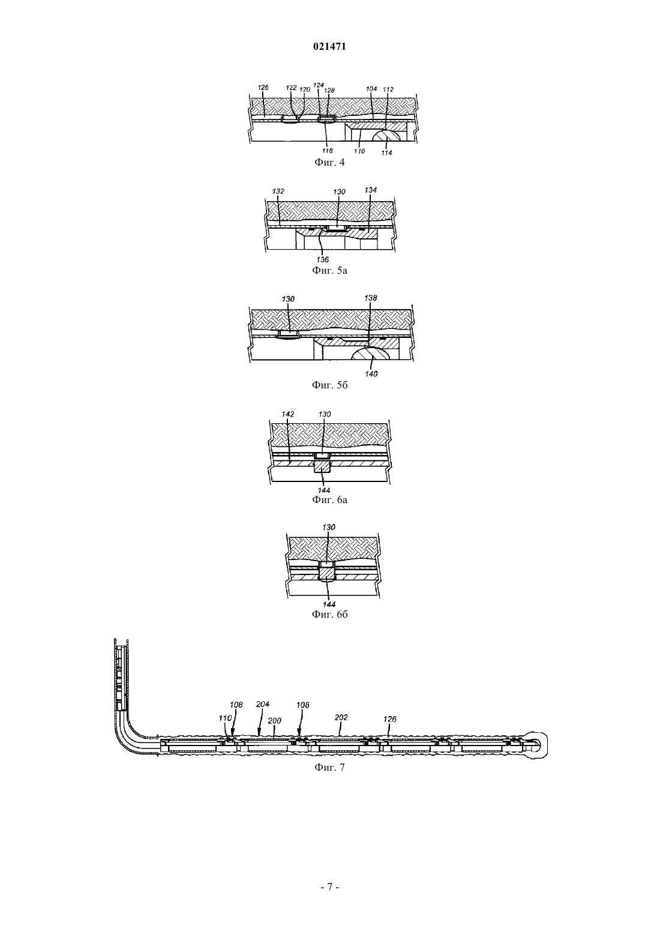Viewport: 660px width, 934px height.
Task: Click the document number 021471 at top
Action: click(x=329, y=47)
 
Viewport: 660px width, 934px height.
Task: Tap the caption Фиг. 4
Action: click(x=329, y=162)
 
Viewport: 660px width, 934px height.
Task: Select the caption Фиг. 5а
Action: click(x=329, y=270)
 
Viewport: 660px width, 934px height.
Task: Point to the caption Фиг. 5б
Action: click(x=329, y=384)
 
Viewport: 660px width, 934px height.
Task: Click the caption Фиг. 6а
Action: click(x=329, y=499)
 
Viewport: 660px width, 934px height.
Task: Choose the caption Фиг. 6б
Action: click(x=329, y=614)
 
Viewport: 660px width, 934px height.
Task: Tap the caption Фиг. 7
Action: click(x=329, y=767)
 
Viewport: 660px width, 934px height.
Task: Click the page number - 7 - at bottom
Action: click(x=329, y=898)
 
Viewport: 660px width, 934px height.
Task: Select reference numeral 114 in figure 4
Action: click(x=386, y=153)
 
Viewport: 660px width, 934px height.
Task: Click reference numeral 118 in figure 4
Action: click(x=328, y=151)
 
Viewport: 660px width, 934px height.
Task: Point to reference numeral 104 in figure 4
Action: click(x=371, y=89)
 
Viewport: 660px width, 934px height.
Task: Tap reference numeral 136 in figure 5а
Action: click(x=323, y=260)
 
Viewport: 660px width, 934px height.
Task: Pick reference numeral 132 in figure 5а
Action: click(x=278, y=191)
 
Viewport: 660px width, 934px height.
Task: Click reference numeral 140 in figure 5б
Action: click(x=371, y=374)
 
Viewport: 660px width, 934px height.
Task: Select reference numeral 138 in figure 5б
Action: click(x=371, y=298)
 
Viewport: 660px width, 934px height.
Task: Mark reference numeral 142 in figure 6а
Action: click(x=288, y=414)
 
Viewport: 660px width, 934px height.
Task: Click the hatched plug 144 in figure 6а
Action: click(x=322, y=466)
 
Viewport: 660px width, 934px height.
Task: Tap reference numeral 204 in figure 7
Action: click(x=263, y=704)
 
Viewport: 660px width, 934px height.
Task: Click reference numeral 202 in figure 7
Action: click(x=341, y=717)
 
